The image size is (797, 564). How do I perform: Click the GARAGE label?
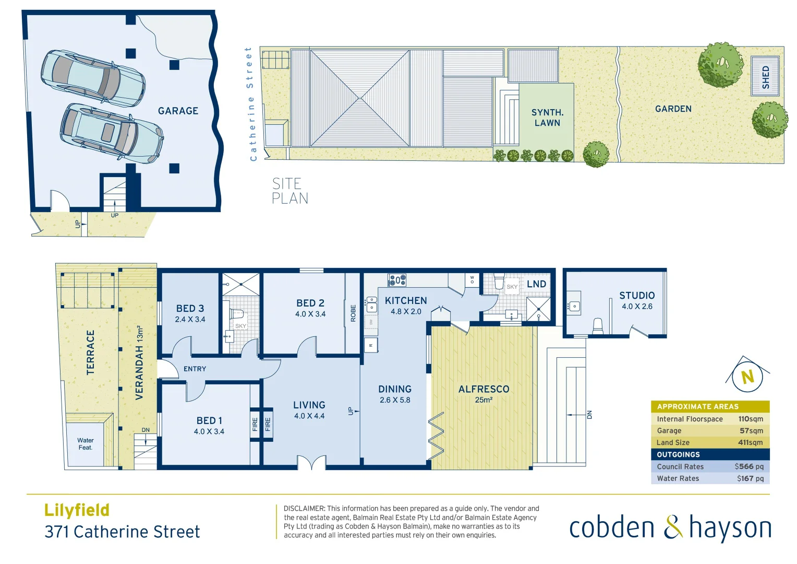[x=178, y=111]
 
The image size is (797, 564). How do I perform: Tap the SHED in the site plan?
[x=765, y=77]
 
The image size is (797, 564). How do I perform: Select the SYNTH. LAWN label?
[x=547, y=118]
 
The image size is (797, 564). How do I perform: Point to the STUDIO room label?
[x=636, y=296]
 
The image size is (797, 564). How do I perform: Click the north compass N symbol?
[x=747, y=377]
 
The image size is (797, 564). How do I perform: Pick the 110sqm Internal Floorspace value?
[x=750, y=419]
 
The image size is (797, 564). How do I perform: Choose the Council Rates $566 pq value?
[x=748, y=466]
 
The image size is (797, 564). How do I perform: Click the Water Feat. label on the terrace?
[x=86, y=444]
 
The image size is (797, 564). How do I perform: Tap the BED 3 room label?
[x=190, y=309]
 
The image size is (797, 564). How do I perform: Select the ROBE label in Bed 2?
[x=353, y=313]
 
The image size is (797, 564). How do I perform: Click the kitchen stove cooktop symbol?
[x=397, y=280]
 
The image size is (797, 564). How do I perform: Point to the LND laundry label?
[x=536, y=284]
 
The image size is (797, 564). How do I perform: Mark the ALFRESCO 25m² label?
[x=484, y=394]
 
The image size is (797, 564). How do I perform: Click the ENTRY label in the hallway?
[x=195, y=369]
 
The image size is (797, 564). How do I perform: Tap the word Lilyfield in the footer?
[x=77, y=510]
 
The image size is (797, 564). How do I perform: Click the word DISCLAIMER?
[x=304, y=508]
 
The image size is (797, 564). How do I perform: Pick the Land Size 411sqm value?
[x=750, y=442]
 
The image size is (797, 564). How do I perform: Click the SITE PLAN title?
[x=289, y=191]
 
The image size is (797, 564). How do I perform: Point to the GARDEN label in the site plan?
[x=673, y=109]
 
